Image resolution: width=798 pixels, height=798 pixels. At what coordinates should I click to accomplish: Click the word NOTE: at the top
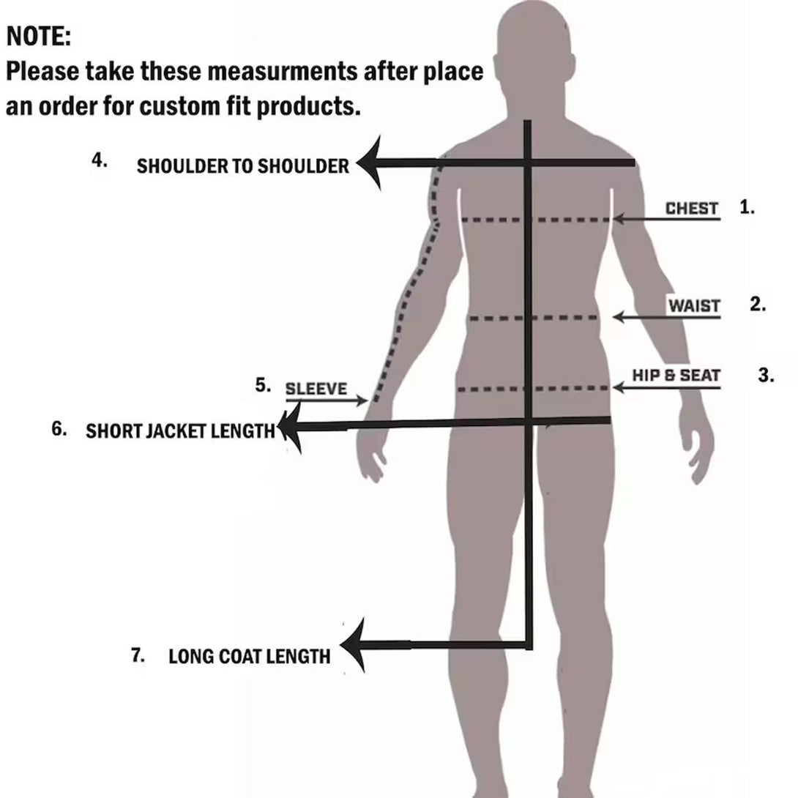[x=38, y=37]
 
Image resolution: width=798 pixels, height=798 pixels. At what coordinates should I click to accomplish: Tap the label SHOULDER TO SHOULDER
[x=242, y=166]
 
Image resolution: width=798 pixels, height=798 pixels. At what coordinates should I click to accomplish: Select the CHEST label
[x=691, y=208]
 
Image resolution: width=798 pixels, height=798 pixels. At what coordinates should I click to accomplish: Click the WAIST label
[x=693, y=305]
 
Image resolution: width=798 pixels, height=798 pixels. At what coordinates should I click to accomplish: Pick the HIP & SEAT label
[x=676, y=376]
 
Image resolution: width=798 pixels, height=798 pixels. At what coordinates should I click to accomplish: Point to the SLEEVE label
[x=316, y=388]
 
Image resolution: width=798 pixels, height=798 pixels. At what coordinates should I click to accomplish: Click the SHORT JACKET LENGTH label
[x=180, y=430]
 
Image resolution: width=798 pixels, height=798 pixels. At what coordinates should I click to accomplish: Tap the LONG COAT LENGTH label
[x=249, y=656]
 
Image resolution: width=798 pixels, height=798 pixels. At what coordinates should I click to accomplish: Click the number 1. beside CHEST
[x=747, y=207]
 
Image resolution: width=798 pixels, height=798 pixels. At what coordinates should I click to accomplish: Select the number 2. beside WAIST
[x=758, y=305]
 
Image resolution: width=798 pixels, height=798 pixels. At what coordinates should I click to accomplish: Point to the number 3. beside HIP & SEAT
[x=766, y=376]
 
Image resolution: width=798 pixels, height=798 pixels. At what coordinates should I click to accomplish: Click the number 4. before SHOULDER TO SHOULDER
[x=100, y=161]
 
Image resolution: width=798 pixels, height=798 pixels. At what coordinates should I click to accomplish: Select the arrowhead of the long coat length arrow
[x=354, y=645]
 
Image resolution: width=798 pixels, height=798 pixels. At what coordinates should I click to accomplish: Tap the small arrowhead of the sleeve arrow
[x=362, y=400]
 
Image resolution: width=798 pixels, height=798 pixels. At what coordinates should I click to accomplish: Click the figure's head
[x=526, y=51]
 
